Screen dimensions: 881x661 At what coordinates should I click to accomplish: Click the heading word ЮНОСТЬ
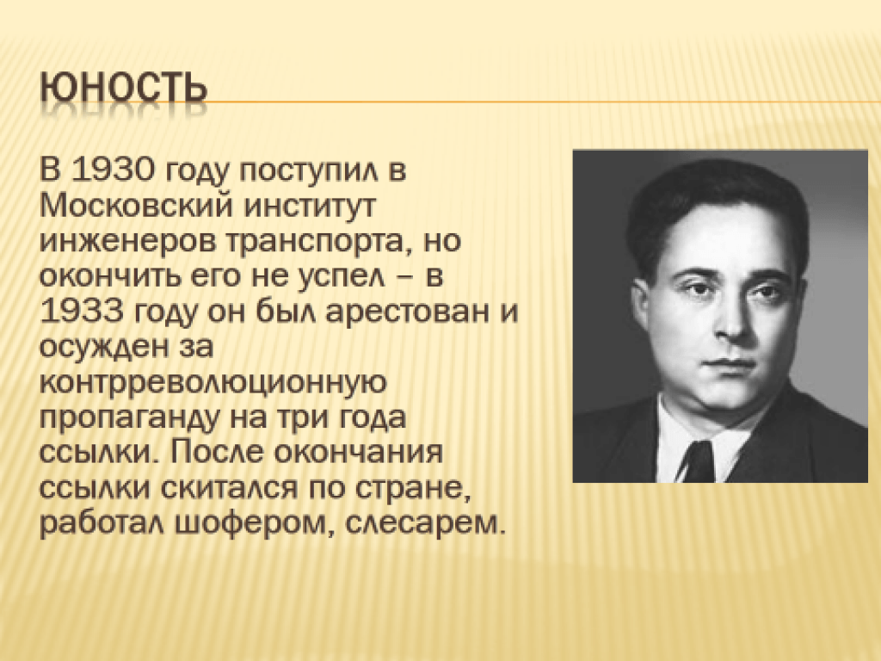(124, 89)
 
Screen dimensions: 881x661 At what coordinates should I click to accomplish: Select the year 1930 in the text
(112, 170)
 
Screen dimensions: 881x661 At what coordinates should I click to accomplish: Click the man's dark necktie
(700, 462)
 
